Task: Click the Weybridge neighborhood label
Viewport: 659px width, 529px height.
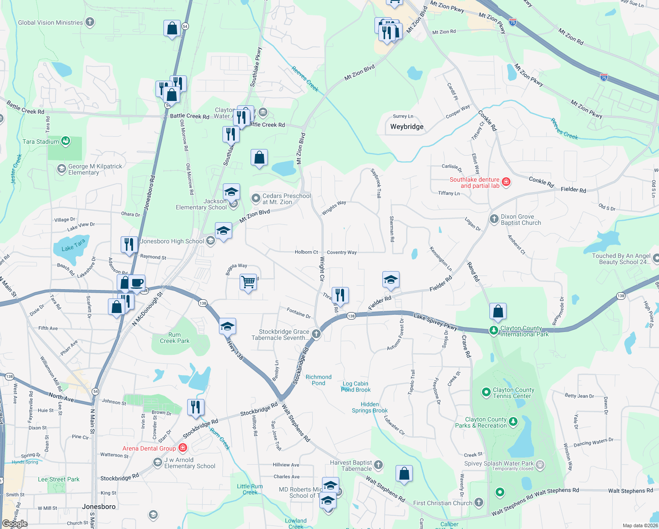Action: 407,127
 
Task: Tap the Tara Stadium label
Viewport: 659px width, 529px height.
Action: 41,142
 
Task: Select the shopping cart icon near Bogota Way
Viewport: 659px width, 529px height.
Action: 248,282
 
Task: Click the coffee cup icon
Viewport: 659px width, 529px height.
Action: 137,283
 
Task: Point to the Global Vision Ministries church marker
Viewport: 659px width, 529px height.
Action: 90,22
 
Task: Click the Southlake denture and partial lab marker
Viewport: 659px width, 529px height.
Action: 506,182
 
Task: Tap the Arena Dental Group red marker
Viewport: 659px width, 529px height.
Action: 183,448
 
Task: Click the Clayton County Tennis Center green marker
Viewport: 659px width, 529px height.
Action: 486,392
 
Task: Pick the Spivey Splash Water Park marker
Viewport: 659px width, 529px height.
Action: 540,464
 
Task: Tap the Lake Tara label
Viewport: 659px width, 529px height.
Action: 73,245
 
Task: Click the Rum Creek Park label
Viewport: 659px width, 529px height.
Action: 174,338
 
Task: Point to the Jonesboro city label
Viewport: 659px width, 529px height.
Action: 99,507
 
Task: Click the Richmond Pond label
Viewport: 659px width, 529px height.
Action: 318,380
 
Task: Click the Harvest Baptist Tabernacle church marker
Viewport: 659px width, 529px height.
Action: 378,465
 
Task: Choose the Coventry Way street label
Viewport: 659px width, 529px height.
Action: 342,253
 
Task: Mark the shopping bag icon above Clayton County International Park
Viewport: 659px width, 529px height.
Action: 498,311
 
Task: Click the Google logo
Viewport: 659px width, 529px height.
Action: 15,524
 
